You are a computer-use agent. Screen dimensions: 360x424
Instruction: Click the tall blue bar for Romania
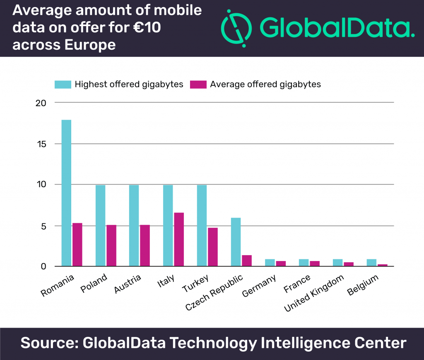(x=66, y=193)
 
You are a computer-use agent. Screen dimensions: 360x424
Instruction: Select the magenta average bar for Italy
(x=179, y=239)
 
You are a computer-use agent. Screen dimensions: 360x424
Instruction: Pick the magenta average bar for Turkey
(x=213, y=246)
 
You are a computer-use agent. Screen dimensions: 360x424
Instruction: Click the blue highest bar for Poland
(x=100, y=225)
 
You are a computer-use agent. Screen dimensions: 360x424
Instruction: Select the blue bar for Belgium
(x=371, y=263)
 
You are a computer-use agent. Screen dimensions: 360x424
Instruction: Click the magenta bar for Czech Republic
(x=246, y=260)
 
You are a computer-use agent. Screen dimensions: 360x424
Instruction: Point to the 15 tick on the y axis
(x=43, y=144)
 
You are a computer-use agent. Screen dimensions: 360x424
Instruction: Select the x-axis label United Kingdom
(x=315, y=295)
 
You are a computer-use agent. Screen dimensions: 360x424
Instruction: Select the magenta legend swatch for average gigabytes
(x=198, y=85)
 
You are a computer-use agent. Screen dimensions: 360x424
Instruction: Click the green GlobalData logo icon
(x=236, y=26)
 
